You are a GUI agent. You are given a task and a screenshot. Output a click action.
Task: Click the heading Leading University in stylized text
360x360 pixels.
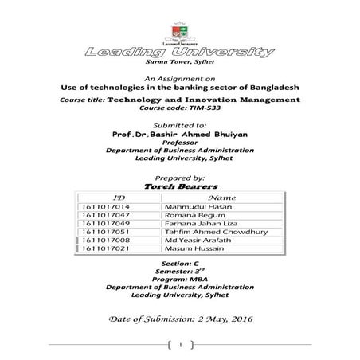(x=179, y=52)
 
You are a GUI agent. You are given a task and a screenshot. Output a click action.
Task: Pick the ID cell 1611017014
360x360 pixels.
(x=106, y=207)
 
